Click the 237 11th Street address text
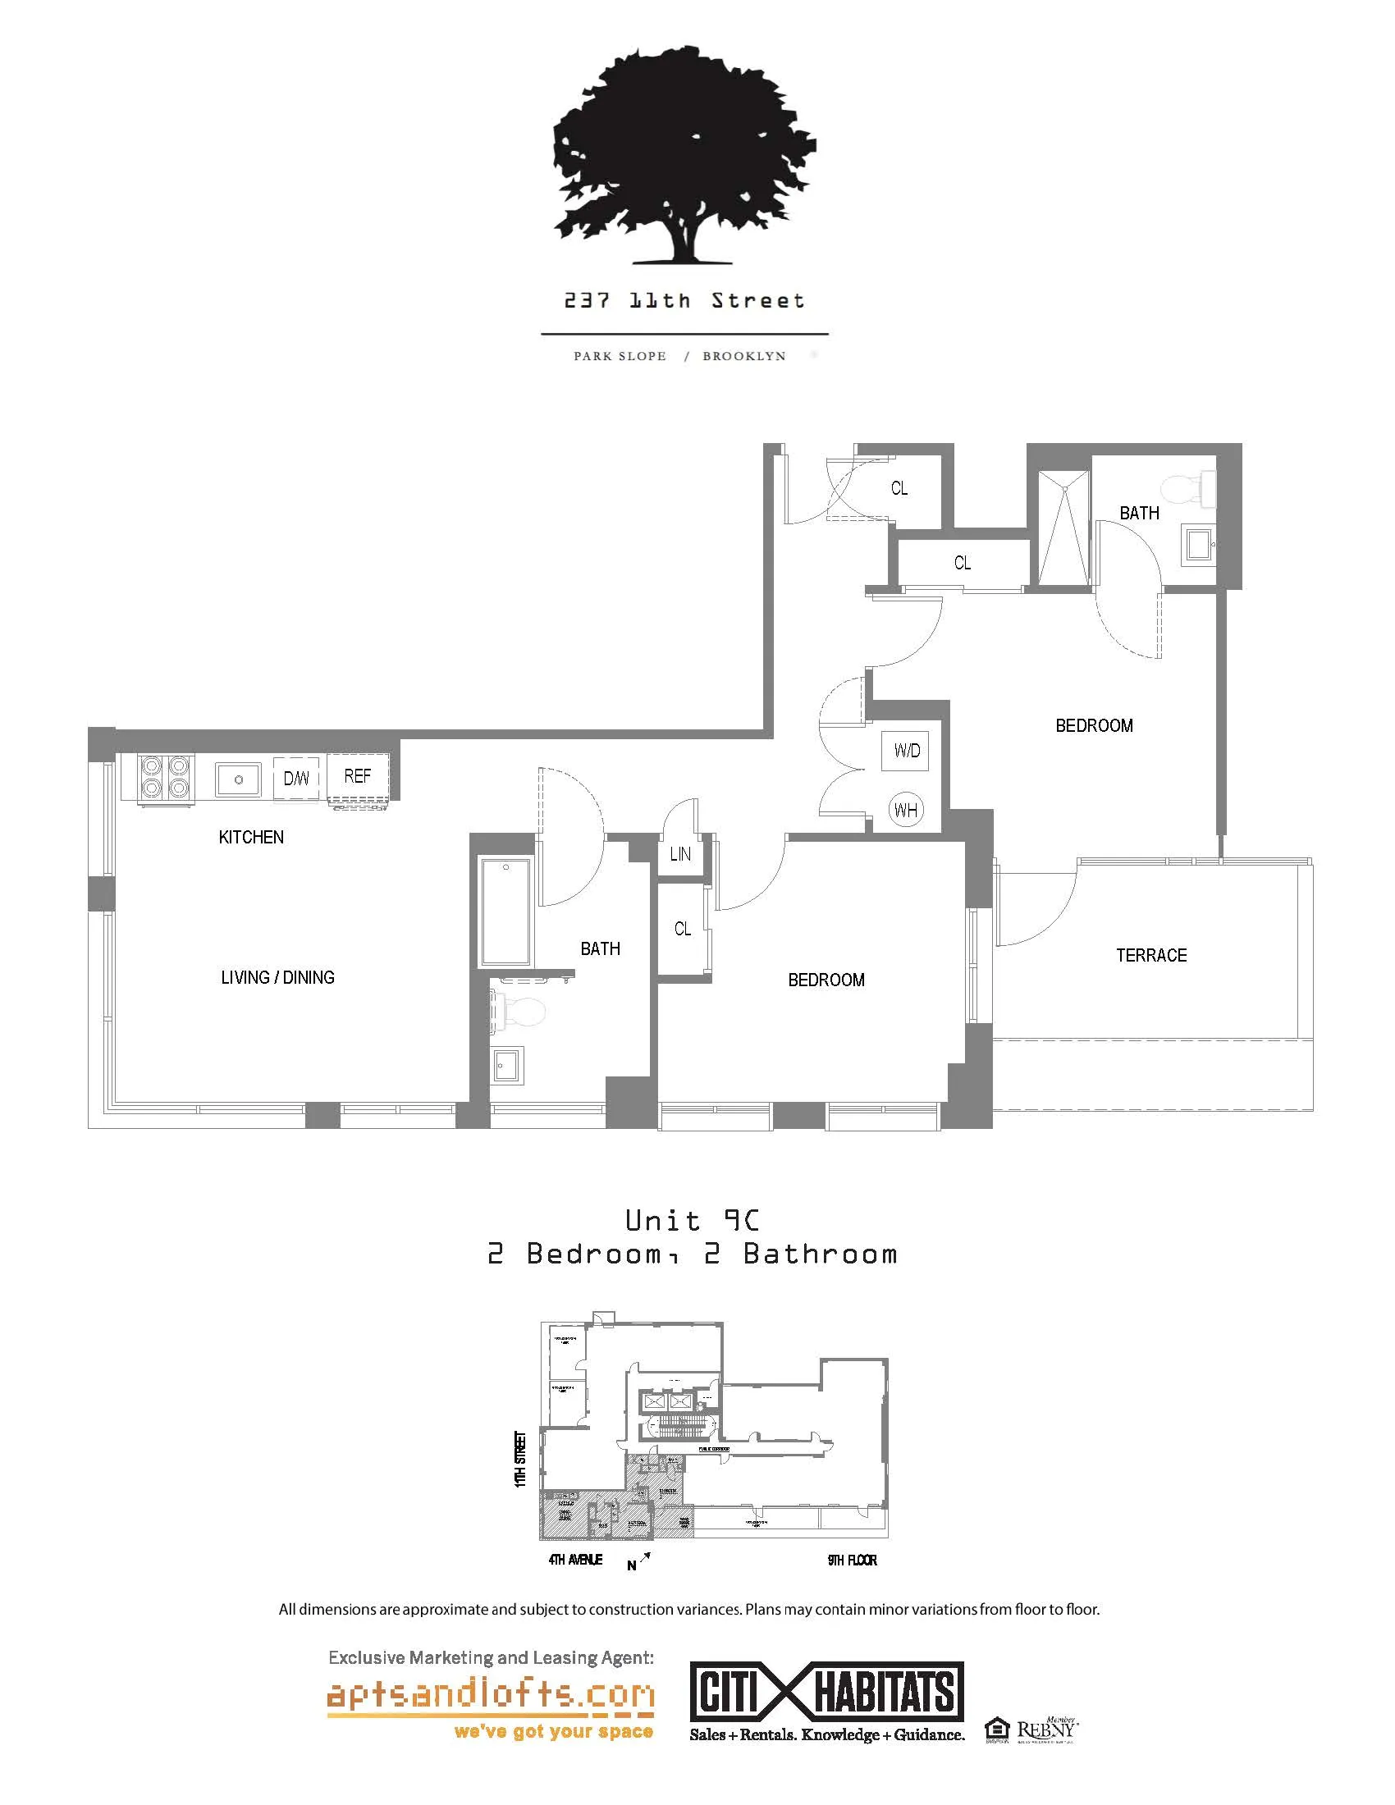[684, 301]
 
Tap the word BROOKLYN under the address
[743, 356]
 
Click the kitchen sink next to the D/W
[238, 779]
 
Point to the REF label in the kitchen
[357, 776]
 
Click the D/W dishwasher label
[296, 779]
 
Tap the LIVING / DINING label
[277, 977]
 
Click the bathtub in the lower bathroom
[505, 912]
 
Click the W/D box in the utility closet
[906, 751]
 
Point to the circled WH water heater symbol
[906, 810]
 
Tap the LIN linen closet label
[680, 855]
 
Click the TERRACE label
[1151, 955]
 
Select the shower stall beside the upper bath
[1063, 528]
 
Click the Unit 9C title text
[692, 1220]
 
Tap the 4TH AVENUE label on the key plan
[575, 1560]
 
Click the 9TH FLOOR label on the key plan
[852, 1560]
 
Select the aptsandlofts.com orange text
[491, 1695]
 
